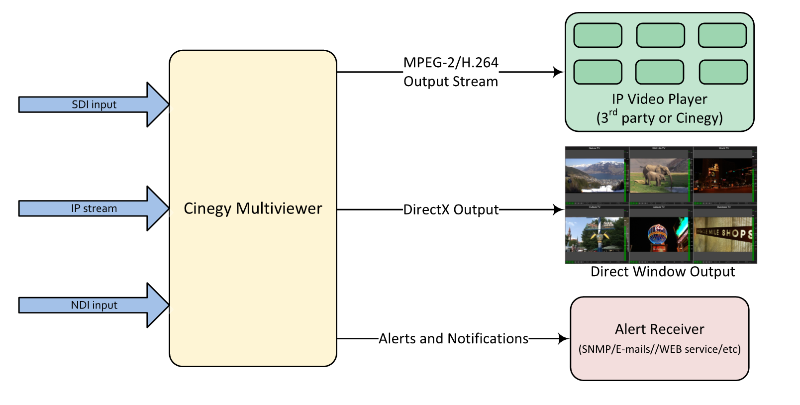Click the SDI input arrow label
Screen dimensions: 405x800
94,104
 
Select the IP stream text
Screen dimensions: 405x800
94,208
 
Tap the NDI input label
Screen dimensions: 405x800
94,305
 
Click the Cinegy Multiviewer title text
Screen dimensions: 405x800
253,208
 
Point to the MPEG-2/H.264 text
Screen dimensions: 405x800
451,63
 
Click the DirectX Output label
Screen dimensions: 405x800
451,209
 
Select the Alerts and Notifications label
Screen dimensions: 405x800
453,339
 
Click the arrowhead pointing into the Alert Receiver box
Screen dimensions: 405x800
564,339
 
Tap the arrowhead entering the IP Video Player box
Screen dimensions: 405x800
559,72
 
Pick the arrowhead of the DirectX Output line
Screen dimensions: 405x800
559,209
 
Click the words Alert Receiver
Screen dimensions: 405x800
659,329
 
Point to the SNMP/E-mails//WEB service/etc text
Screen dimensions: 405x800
659,349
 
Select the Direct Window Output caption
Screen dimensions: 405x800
662,272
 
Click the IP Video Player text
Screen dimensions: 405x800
659,99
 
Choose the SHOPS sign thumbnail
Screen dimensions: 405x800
724,234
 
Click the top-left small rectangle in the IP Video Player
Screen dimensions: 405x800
598,35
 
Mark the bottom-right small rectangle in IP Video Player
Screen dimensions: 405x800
723,72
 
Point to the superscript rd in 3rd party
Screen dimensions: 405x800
613,113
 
